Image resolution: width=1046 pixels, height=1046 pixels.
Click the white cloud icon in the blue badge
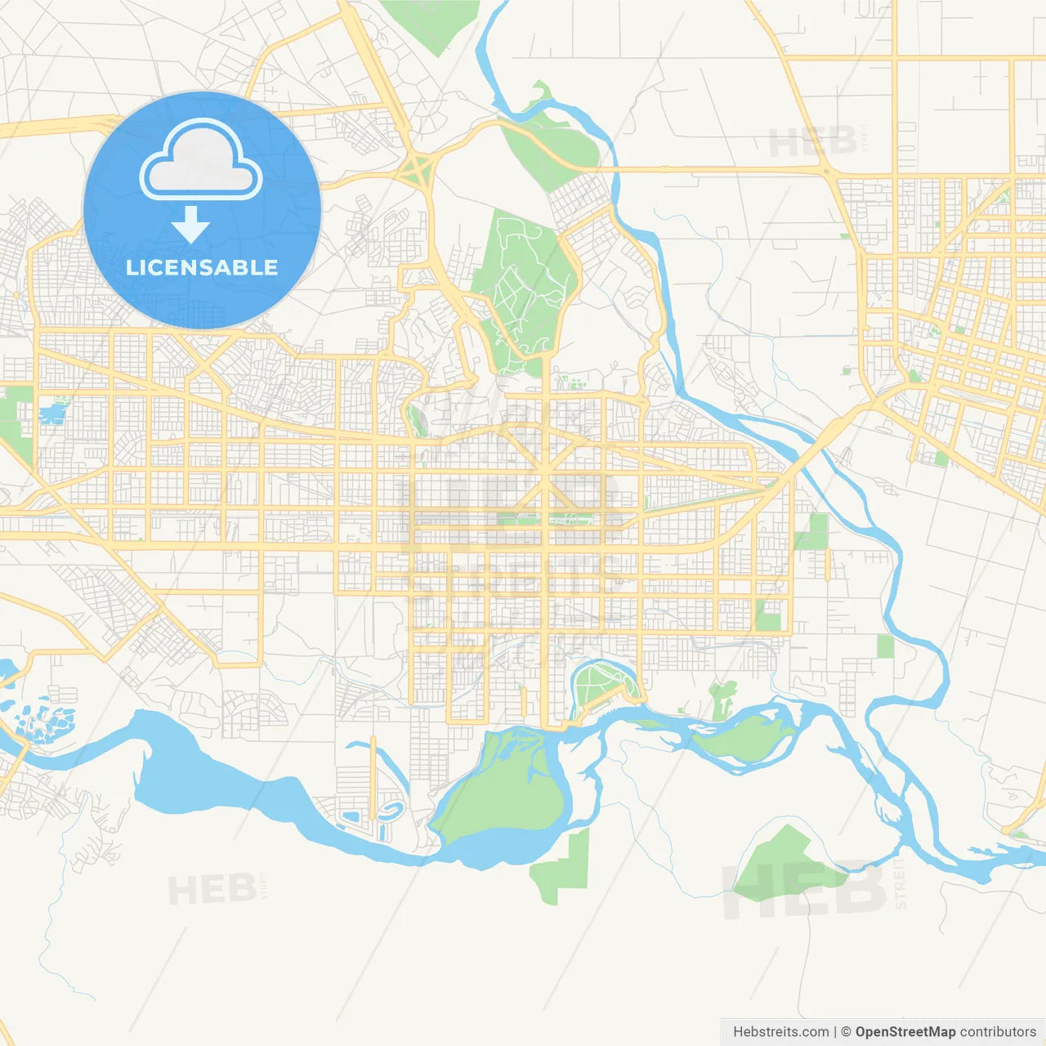click(x=201, y=160)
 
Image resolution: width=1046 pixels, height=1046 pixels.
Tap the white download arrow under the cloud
click(x=190, y=224)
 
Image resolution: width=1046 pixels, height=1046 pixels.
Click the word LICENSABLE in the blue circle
click(x=202, y=267)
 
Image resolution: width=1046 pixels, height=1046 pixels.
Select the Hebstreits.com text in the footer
click(x=780, y=1032)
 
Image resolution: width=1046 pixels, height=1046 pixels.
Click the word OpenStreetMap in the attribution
click(x=905, y=1032)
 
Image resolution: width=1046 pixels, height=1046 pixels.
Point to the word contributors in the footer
click(x=998, y=1032)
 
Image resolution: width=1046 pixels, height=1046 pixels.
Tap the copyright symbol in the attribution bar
click(x=846, y=1032)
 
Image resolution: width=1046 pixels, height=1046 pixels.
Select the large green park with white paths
click(x=523, y=286)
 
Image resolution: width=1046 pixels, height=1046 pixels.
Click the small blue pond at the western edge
click(x=51, y=413)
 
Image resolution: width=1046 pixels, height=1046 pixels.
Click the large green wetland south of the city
click(x=498, y=784)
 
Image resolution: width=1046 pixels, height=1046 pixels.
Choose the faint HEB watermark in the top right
click(x=813, y=143)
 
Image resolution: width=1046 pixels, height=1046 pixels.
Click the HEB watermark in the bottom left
click(x=212, y=889)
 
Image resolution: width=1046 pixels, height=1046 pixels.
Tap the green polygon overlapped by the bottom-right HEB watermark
click(x=784, y=866)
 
